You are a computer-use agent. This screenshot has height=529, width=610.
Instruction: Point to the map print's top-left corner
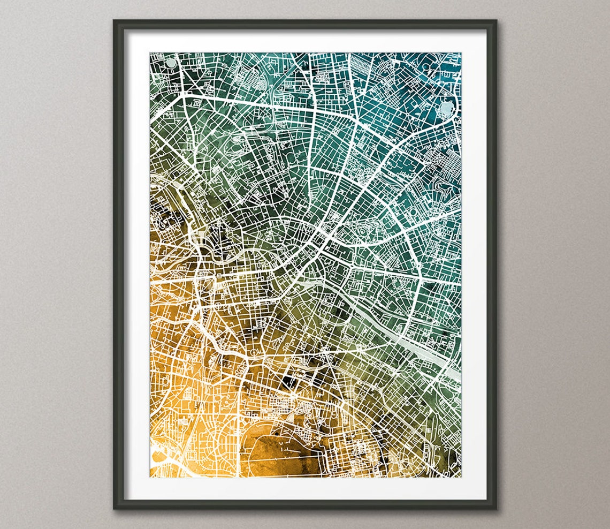point(150,53)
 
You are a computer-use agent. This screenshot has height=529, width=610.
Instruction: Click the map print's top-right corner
point(461,53)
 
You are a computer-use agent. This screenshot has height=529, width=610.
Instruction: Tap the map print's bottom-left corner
point(150,477)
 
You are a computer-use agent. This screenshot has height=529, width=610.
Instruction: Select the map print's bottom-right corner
point(461,477)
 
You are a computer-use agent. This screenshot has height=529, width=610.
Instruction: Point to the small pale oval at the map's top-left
point(170,63)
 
